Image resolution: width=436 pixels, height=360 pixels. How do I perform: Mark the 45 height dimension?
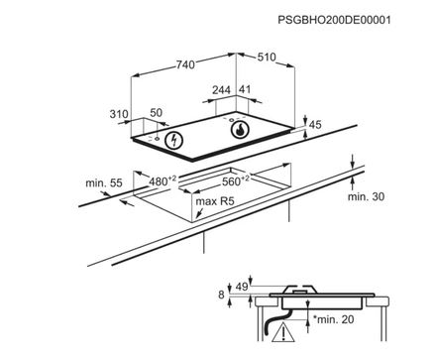click(315, 126)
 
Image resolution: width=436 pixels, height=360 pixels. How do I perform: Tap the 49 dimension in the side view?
click(242, 288)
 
